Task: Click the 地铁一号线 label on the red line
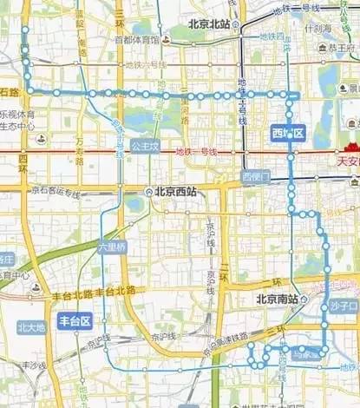pyautogui.click(x=195, y=153)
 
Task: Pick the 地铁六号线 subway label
pyautogui.click(x=143, y=64)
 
